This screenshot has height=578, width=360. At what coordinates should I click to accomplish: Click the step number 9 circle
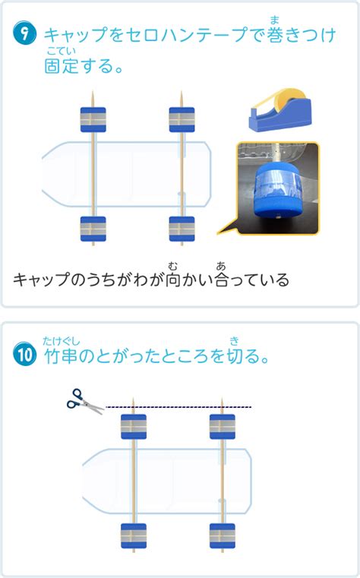point(24,33)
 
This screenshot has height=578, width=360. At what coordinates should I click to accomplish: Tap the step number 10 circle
point(25,354)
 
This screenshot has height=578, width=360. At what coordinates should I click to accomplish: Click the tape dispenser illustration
point(279,110)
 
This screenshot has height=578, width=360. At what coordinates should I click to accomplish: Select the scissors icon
point(85,402)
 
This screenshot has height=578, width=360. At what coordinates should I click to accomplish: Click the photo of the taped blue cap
point(278,188)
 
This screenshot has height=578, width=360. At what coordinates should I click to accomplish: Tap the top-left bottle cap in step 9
point(93,120)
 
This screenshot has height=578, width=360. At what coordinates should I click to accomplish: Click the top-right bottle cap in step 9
point(182,120)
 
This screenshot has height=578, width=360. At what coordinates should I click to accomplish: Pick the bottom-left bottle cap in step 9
point(93,229)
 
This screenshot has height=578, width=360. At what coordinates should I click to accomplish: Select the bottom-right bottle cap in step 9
point(182,229)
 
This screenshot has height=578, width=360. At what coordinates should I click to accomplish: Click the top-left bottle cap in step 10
point(134,427)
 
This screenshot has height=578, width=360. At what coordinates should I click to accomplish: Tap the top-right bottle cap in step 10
point(223,427)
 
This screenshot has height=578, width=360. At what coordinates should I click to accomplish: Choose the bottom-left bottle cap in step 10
point(134,536)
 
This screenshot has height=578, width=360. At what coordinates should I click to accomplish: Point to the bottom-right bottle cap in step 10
point(223,536)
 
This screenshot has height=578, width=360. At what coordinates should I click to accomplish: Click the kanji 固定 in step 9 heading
point(61,66)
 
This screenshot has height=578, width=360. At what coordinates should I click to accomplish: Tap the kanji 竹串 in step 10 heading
point(61,355)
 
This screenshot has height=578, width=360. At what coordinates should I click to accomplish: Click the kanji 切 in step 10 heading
point(235,355)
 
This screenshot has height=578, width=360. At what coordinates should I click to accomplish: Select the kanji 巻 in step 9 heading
point(274,35)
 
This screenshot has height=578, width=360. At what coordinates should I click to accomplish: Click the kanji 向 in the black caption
point(173,280)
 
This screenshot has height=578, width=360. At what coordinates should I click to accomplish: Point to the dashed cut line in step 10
point(178,407)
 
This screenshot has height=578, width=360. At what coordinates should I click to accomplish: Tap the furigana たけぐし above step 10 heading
point(62,341)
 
